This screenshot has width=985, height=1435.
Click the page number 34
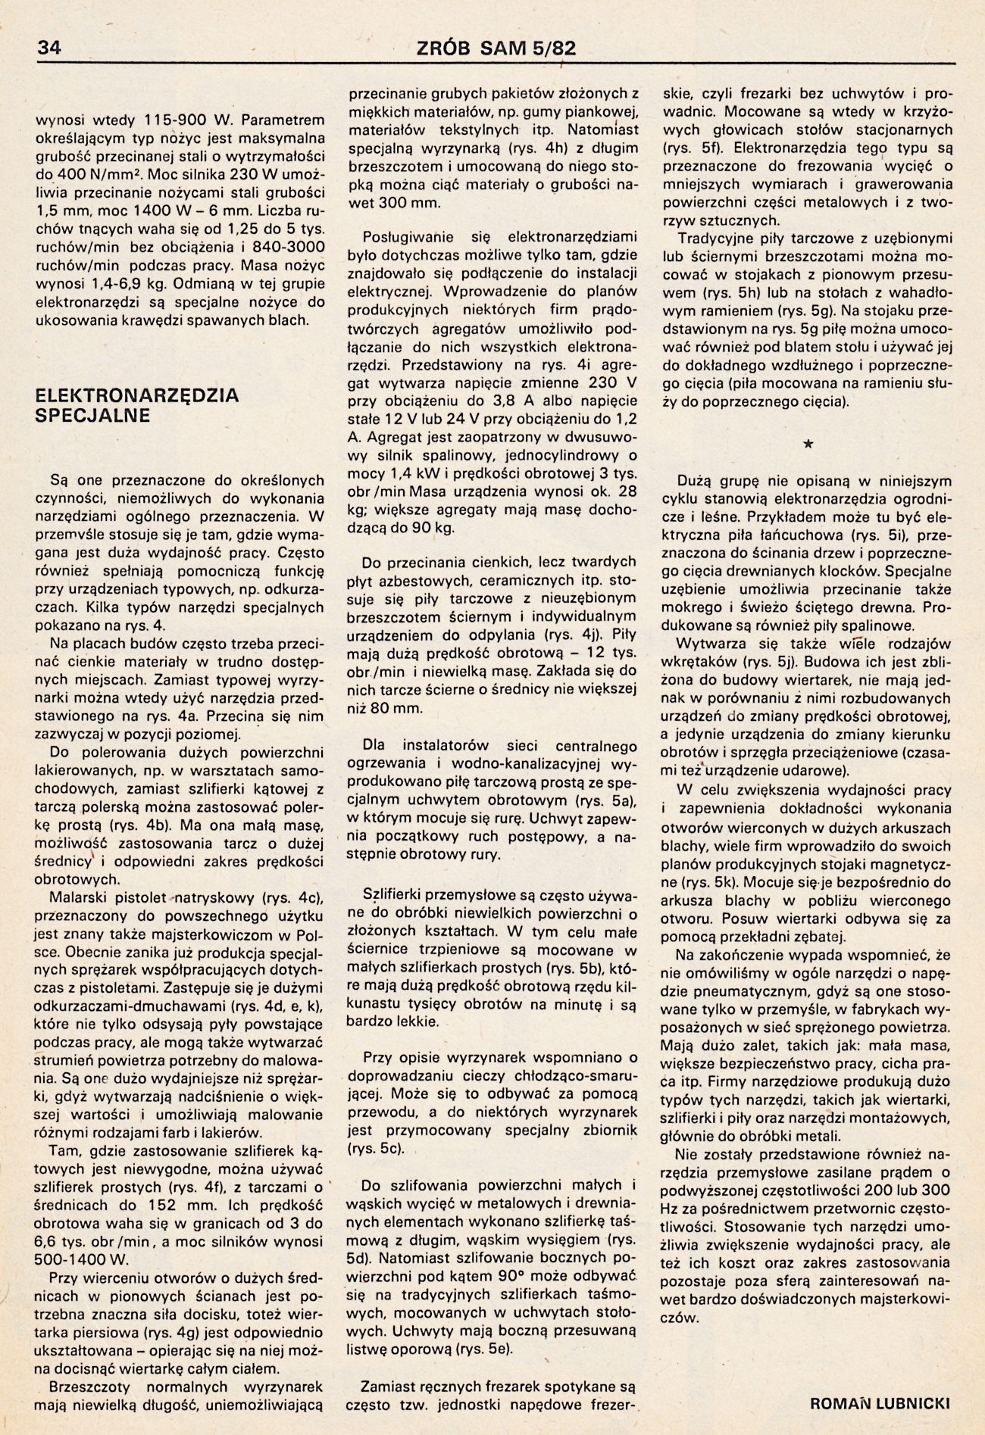[x=48, y=48]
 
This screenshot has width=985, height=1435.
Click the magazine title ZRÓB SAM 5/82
[x=496, y=48]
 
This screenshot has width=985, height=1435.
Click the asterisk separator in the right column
[x=808, y=445]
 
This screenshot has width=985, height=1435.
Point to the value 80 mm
[x=394, y=709]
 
